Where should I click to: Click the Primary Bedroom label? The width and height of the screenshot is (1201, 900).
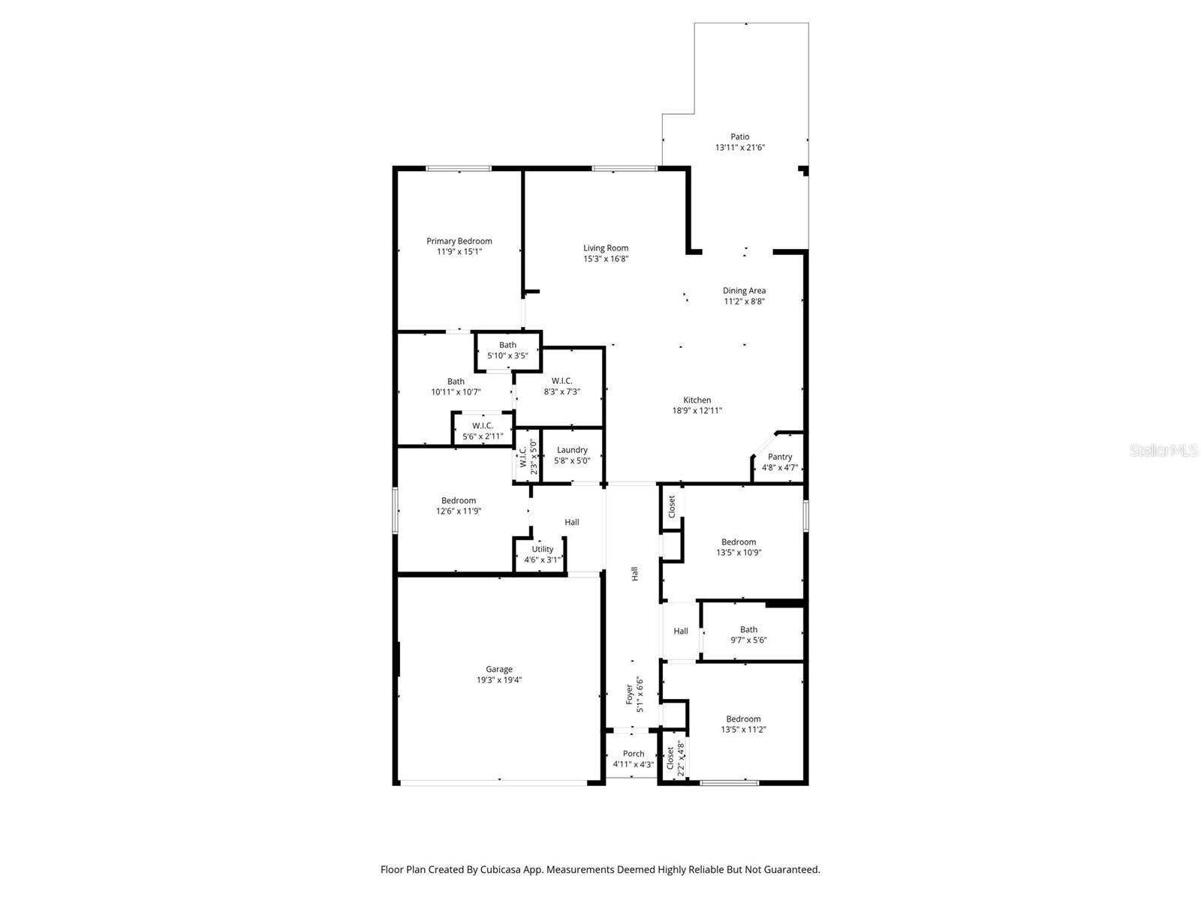[x=459, y=241]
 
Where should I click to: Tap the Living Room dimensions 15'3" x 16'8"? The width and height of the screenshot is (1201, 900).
[x=606, y=259]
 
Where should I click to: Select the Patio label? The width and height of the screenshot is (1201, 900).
[x=739, y=136]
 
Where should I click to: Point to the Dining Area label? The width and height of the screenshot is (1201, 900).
[x=744, y=290]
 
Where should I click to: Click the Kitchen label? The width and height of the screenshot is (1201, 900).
[x=697, y=400]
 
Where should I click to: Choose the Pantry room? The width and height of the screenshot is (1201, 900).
[x=780, y=457]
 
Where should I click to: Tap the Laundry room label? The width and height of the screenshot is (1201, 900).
[x=572, y=450]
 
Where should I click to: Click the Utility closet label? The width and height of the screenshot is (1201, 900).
[x=542, y=549]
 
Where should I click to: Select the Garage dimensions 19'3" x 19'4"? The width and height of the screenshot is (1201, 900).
[x=499, y=680]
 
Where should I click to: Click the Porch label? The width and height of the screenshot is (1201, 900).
[x=633, y=754]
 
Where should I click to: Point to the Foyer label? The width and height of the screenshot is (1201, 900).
[x=630, y=693]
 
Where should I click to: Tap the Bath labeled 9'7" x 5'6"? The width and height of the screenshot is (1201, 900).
[x=748, y=635]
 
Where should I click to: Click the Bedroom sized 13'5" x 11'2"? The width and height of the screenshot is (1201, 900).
[x=743, y=724]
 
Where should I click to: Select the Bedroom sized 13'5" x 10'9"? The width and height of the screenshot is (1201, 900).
[x=739, y=547]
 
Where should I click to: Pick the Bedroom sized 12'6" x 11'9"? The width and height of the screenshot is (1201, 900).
[x=458, y=505]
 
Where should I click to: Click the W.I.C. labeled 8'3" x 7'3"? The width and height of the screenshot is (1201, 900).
[x=561, y=386]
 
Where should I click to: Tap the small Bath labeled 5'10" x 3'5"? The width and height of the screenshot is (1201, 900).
[x=507, y=350]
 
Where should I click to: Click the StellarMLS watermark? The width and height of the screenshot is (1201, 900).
[x=1163, y=450]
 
